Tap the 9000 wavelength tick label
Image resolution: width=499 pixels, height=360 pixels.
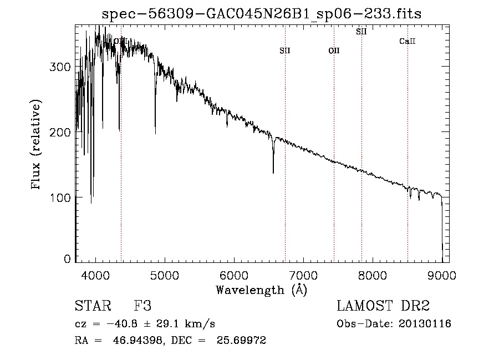coord(441,275)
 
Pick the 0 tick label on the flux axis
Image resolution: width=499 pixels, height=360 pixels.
coord(67,259)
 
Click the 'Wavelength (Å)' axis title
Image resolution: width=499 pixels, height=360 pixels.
coord(261,290)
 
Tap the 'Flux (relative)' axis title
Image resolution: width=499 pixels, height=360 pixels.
coord(37,145)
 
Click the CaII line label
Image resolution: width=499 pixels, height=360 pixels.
coord(408,42)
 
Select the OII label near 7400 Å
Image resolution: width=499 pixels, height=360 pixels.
coord(334,51)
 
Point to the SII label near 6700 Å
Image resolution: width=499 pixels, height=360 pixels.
coord(285,51)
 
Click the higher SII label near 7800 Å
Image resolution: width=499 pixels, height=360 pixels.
coord(361,32)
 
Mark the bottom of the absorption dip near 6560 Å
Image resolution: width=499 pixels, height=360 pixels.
coord(273,173)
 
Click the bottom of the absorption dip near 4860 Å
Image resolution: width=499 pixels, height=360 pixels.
coord(155,133)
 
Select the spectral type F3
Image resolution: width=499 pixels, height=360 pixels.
coord(143,306)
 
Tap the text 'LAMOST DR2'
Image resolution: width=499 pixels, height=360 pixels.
coord(383,306)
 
